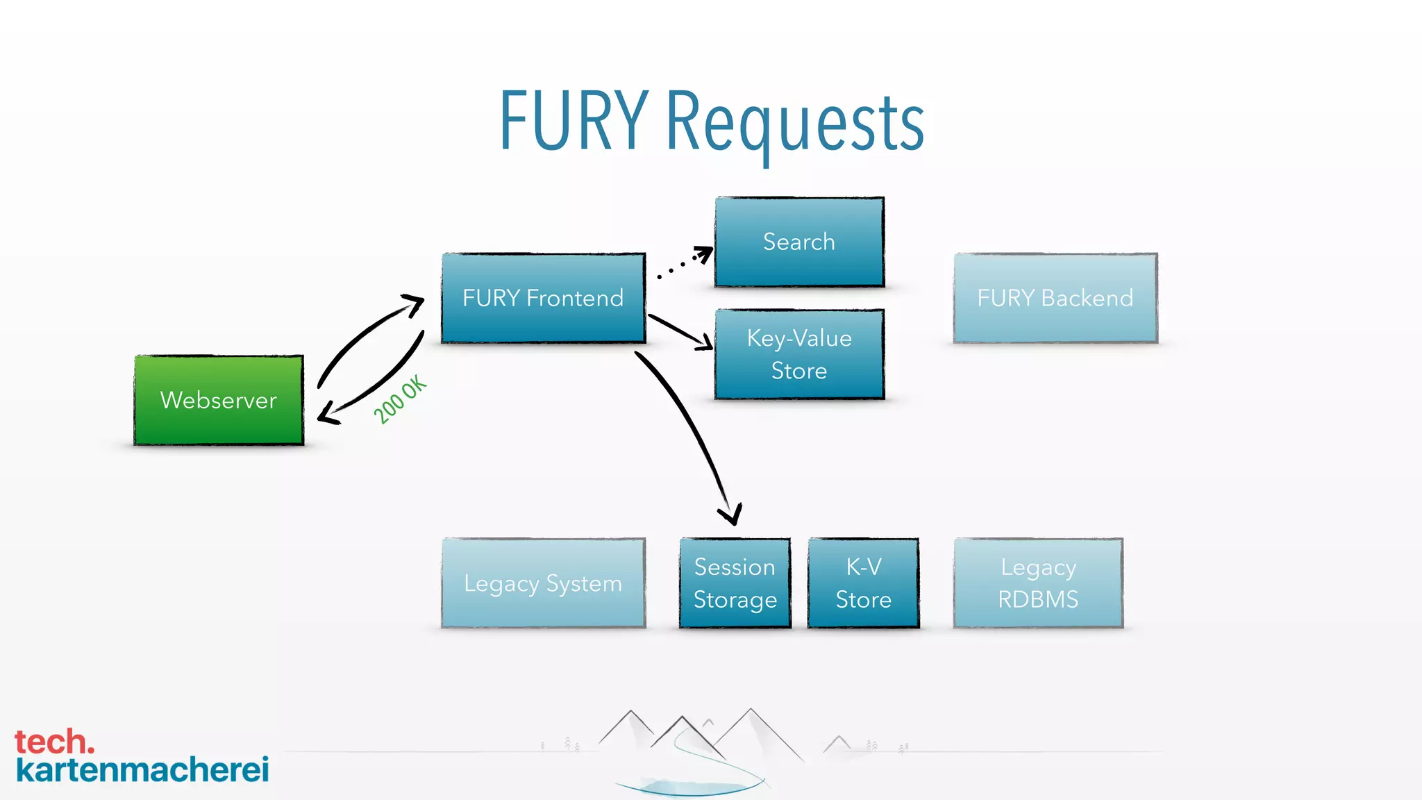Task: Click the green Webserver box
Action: coord(219,400)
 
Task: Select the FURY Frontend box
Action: coord(543,298)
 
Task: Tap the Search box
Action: coord(799,242)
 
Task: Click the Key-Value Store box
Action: coord(799,354)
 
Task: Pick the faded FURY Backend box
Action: coord(1055,298)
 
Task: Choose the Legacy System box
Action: coord(543,583)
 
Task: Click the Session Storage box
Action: coord(735,583)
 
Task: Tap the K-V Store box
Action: coord(863,583)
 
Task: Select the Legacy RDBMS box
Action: coord(1038,583)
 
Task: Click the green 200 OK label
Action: coord(400,399)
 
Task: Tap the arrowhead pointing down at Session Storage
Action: coord(731,515)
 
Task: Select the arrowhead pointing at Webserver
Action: coord(327,415)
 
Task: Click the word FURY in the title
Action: coord(574,122)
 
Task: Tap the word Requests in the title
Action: coord(795,124)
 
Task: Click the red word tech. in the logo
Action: coord(54,742)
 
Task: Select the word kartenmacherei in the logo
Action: coord(142,770)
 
